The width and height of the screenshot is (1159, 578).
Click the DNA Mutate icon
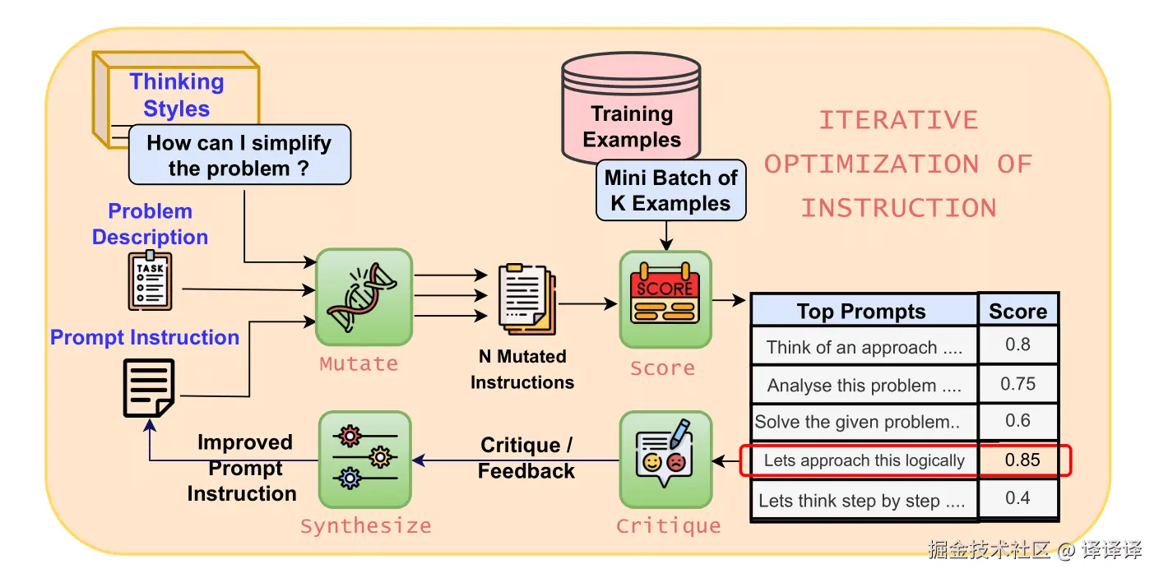coord(364,297)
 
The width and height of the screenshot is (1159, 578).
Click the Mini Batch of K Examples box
coord(670,190)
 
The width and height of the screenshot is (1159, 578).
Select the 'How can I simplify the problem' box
coord(239,155)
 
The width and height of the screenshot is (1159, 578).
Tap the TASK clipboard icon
coord(150,281)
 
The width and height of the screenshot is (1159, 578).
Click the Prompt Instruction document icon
coord(149,388)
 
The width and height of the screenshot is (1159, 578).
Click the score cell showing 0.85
coord(1022,460)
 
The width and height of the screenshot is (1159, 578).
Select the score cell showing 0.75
coord(1018,384)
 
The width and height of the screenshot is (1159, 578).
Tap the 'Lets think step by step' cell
coord(862,501)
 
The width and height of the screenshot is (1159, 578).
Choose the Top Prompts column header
coord(861,312)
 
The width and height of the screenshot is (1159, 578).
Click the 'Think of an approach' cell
coord(864,347)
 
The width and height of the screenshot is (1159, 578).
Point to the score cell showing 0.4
coord(1018,498)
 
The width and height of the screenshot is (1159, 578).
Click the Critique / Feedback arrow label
coord(526,458)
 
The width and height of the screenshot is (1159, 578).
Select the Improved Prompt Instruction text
coord(243,468)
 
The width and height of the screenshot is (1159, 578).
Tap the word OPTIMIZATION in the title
coord(872,164)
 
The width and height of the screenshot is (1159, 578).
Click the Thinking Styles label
coord(177,95)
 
